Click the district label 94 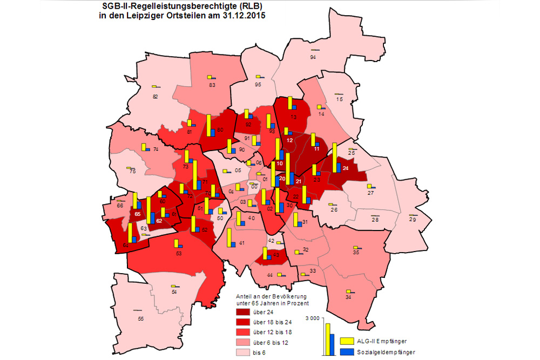point(313,57)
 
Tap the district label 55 point(141,318)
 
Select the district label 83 point(212,85)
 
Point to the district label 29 point(413,220)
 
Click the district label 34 point(348,297)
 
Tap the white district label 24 point(346,168)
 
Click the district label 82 point(156,97)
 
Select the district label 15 point(339,99)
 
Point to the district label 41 point(241,243)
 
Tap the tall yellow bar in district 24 point(335,157)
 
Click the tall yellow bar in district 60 point(208,125)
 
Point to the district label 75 point(132,172)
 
